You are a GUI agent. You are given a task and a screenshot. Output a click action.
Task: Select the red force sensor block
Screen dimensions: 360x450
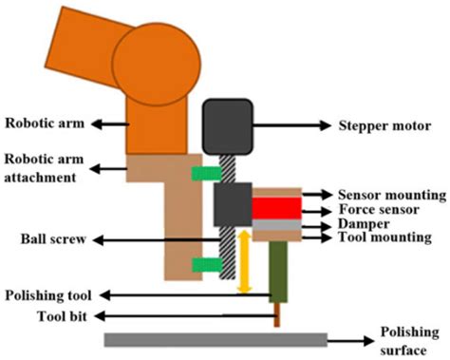276,208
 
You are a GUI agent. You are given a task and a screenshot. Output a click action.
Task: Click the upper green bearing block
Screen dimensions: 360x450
203,173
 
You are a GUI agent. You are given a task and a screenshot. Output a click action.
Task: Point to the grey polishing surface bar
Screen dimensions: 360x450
216,339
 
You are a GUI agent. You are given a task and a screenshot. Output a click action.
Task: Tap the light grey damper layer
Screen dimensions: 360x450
276,224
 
